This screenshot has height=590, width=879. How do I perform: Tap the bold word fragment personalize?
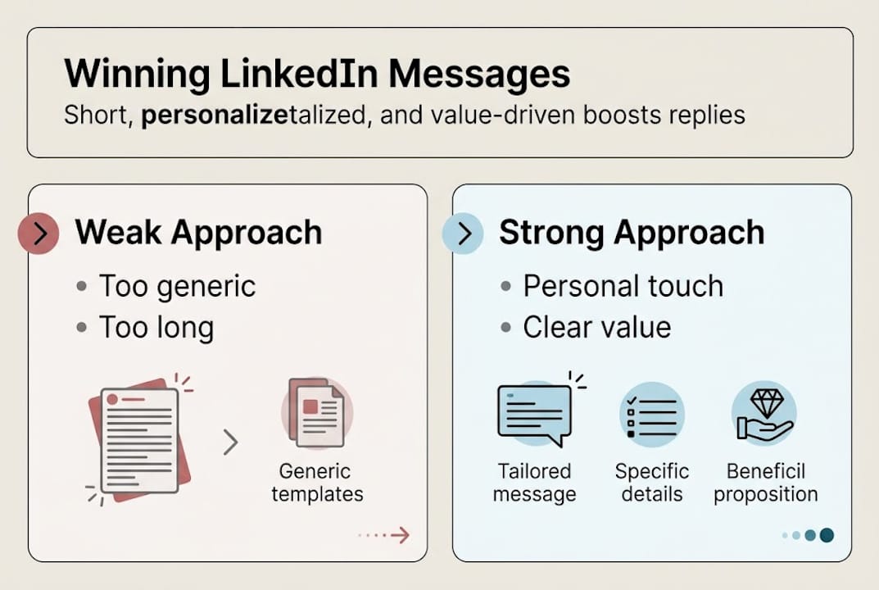[193, 114]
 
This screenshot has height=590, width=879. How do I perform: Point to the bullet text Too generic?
[177, 287]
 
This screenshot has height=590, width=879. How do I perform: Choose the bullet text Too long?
[156, 328]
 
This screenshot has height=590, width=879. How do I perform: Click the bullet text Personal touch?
[623, 286]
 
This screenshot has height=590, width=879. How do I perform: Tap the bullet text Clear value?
[596, 327]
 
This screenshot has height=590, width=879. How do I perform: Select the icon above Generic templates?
[317, 412]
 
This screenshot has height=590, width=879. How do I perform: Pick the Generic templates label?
[317, 483]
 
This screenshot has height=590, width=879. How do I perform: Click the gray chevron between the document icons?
[231, 442]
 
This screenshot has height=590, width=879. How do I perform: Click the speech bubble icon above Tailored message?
[536, 414]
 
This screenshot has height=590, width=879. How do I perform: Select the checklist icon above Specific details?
[652, 414]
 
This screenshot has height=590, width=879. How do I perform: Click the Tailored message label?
[536, 483]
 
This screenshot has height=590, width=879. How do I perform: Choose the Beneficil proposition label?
[765, 483]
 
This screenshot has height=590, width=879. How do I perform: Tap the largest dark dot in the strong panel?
[826, 535]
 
